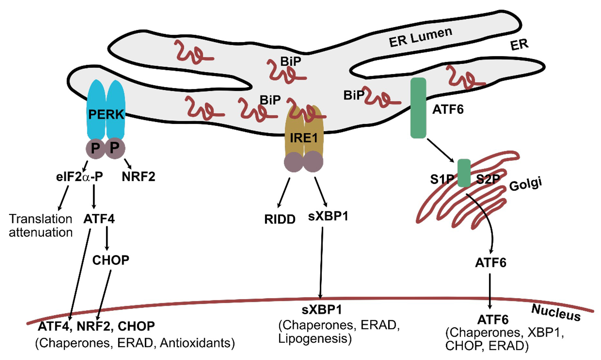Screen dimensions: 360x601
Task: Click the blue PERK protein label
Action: [106, 114]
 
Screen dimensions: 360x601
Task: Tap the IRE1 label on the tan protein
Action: [304, 138]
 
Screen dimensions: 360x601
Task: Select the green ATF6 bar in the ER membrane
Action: [418, 108]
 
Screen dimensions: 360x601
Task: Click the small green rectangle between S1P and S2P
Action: [464, 173]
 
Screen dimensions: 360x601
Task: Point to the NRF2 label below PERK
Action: [138, 177]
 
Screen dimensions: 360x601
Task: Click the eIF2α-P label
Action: [80, 177]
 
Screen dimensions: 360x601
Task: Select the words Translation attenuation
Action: [41, 226]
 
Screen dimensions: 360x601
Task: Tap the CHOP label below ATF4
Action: [111, 260]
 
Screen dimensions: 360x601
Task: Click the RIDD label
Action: [280, 219]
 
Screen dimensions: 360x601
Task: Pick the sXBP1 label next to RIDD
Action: [328, 216]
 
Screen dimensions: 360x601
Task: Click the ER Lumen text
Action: [420, 37]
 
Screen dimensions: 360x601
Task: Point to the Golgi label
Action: [525, 184]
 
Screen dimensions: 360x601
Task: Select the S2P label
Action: [488, 179]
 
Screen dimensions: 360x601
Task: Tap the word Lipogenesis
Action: [312, 339]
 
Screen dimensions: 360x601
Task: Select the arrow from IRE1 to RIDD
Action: [284, 192]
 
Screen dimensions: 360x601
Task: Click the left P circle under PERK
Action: [95, 148]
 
